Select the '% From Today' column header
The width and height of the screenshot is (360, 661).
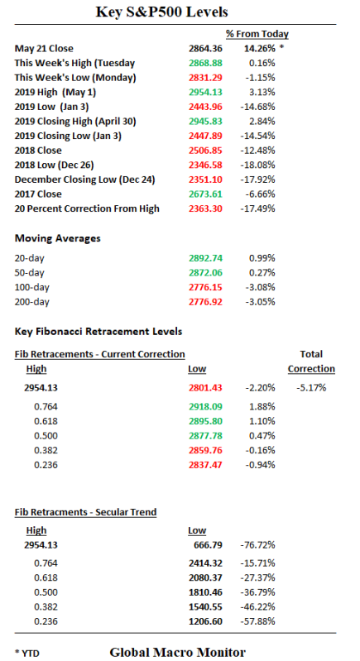coord(257,34)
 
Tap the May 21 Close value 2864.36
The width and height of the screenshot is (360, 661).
coord(207,48)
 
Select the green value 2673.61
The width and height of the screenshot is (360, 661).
coord(207,194)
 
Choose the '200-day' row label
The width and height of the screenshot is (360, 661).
coord(32,301)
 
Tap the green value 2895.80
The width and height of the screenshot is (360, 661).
coord(207,421)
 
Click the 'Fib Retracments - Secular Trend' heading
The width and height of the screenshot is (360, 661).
coord(86,512)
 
